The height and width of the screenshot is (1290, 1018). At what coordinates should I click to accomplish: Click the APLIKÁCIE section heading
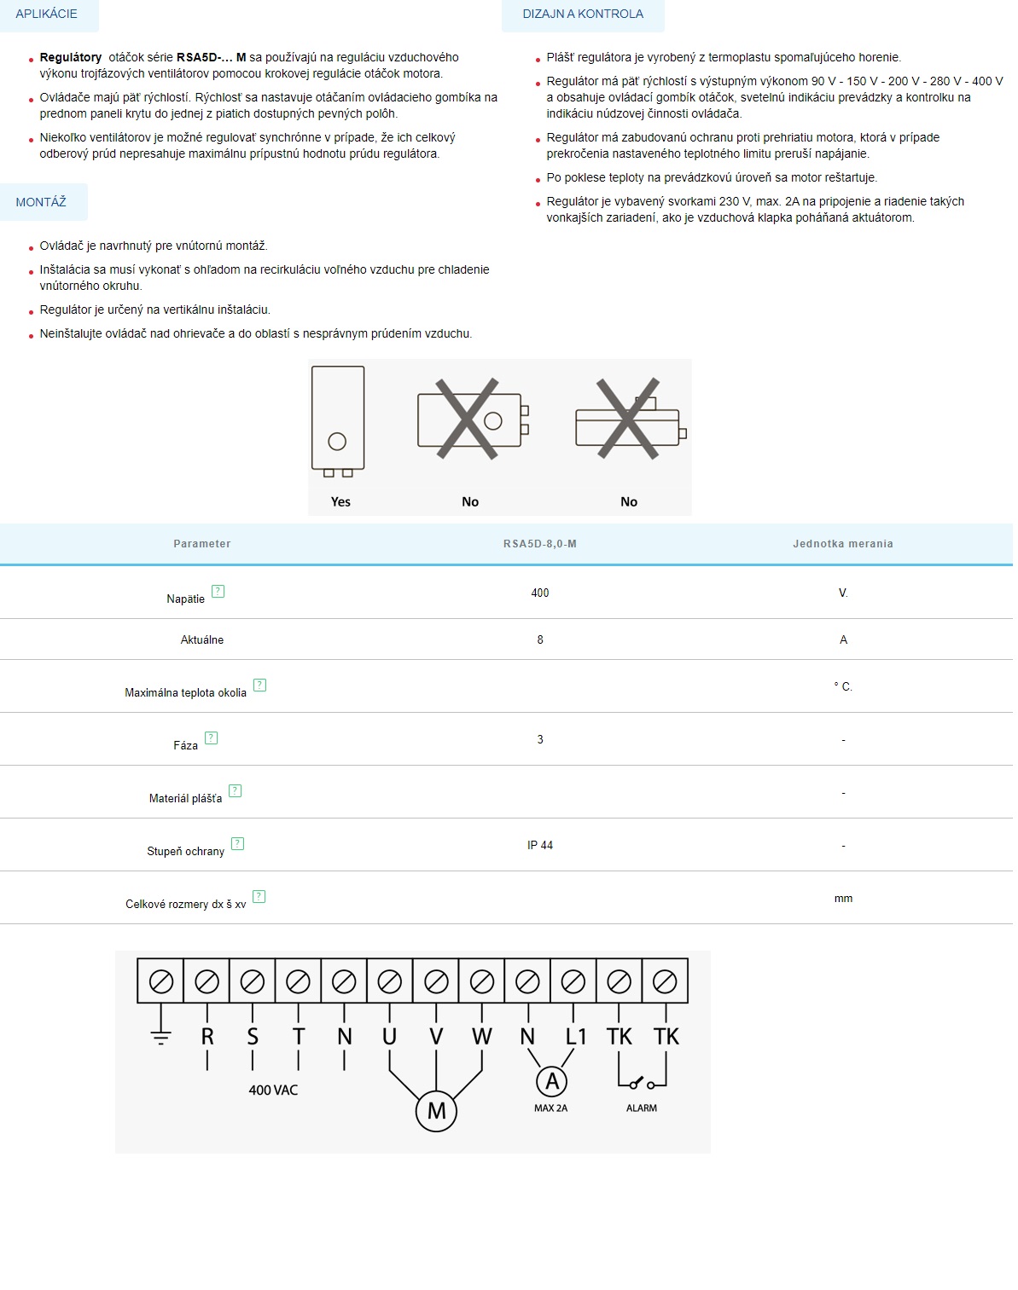46,14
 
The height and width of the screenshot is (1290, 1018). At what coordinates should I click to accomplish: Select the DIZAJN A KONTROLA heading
583,14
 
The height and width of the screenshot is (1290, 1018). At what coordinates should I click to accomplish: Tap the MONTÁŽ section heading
41,202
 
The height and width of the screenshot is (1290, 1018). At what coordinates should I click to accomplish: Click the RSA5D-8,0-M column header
539,544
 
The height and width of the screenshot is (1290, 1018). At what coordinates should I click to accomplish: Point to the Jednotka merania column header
842,544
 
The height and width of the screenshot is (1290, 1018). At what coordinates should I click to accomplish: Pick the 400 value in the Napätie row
539,593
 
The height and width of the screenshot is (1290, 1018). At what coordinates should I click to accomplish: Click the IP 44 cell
539,845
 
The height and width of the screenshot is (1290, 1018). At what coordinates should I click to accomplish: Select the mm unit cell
843,898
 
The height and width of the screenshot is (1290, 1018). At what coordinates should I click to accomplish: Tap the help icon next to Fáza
212,738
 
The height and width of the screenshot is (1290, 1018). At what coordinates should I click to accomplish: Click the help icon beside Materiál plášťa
236,791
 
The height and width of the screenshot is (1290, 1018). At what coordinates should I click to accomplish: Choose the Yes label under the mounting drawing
340,501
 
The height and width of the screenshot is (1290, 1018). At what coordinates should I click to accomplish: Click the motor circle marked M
436,1111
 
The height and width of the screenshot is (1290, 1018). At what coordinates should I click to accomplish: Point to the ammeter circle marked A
552,1082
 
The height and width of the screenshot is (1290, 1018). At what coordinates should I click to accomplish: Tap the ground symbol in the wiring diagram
160,1037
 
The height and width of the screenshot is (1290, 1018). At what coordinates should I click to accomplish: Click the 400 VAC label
273,1090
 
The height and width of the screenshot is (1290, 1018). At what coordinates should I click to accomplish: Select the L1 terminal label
576,1037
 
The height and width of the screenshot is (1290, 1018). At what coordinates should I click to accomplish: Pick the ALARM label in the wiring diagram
642,1108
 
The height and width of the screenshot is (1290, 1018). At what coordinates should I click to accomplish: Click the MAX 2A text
550,1108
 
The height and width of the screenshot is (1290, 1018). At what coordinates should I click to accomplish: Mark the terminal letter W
482,1037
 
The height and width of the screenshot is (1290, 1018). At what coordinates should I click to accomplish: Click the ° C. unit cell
843,686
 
